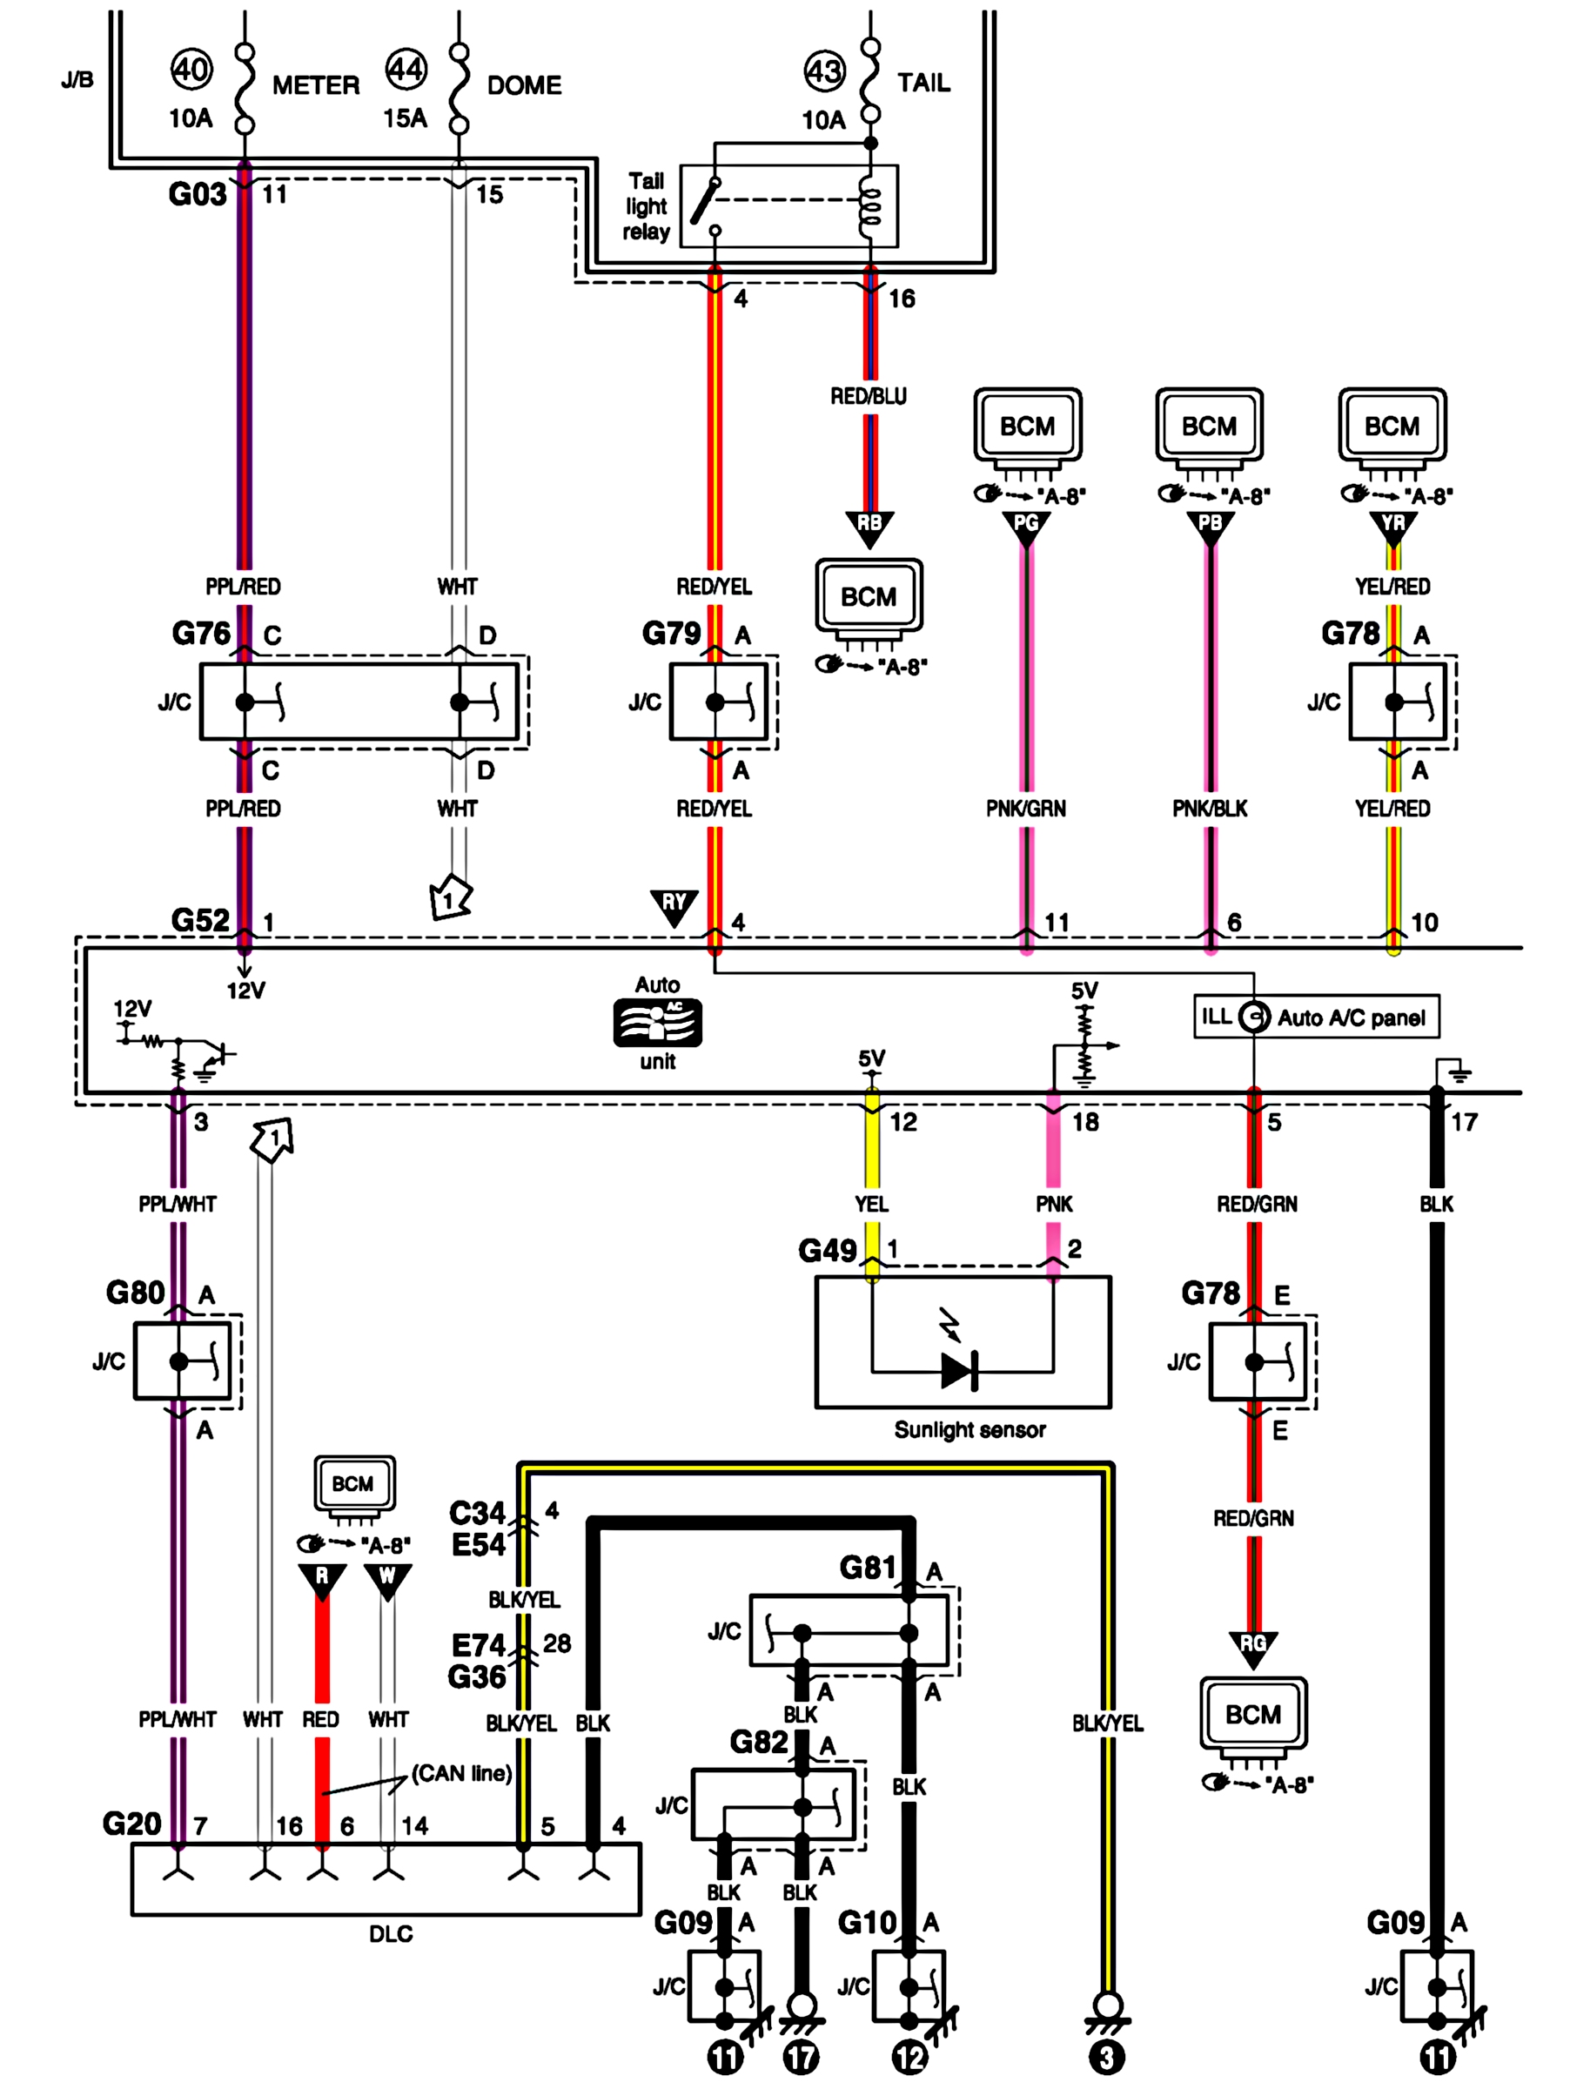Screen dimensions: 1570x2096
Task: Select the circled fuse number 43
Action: pyautogui.click(x=823, y=71)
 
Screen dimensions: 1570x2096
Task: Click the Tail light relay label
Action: pyautogui.click(x=647, y=206)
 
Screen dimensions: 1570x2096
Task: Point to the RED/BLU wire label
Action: pyautogui.click(x=868, y=396)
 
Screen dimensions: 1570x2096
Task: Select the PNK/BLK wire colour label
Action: pyautogui.click(x=1210, y=809)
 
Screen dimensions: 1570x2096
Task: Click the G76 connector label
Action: pyautogui.click(x=201, y=633)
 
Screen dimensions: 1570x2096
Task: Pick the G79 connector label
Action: pyautogui.click(x=672, y=633)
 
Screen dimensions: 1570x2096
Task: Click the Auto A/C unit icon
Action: pyautogui.click(x=658, y=1024)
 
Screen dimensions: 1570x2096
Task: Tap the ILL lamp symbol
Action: pyautogui.click(x=1253, y=1018)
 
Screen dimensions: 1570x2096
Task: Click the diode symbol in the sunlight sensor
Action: pyautogui.click(x=959, y=1371)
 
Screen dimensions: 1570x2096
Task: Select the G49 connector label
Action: pyautogui.click(x=827, y=1251)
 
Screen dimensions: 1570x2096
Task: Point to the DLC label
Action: pyautogui.click(x=391, y=1934)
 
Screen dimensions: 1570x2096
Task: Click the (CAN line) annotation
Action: pyautogui.click(x=461, y=1773)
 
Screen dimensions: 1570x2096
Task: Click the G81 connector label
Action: pyautogui.click(x=868, y=1569)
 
